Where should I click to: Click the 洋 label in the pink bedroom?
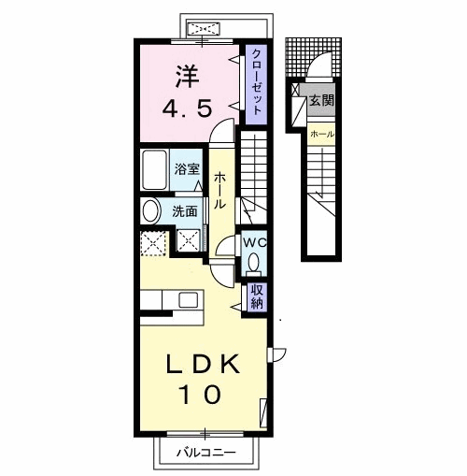187,76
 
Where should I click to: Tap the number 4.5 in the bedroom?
188,108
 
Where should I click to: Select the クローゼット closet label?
256,82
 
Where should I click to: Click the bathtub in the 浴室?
154,169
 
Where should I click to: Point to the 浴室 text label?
187,169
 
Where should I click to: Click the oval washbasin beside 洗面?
151,211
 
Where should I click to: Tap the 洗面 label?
185,211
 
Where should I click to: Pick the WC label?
254,242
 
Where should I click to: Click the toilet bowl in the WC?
254,262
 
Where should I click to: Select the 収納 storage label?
257,297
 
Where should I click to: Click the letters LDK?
204,364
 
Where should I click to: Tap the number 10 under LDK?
200,395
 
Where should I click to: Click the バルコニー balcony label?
206,452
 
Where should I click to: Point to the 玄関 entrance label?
321,100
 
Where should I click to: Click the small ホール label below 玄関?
322,135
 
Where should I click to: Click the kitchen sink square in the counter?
188,300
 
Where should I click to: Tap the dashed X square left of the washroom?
153,243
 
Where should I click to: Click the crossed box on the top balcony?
204,28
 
